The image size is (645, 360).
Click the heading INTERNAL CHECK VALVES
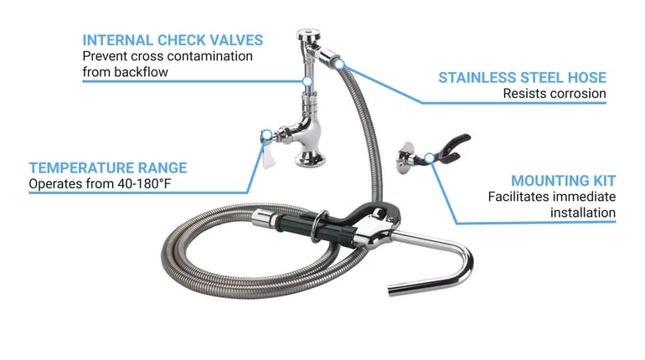pos(173,40)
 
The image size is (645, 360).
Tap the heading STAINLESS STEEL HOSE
pos(522,78)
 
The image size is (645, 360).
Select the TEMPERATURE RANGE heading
pos(108,168)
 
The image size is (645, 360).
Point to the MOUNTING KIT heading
pos(563,181)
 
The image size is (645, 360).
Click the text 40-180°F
pos(144,183)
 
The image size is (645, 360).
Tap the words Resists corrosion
pos(555,94)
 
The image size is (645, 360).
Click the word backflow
pos(141,72)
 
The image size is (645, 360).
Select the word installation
pos(583,213)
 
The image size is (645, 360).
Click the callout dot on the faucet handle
pos(266,135)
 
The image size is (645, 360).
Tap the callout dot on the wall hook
pos(429,157)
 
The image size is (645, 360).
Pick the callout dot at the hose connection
pos(339,64)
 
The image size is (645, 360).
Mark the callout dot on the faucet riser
pos(307,81)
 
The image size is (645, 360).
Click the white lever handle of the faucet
pos(267,155)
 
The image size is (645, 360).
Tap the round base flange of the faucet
pos(310,158)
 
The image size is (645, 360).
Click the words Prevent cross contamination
pos(168,56)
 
